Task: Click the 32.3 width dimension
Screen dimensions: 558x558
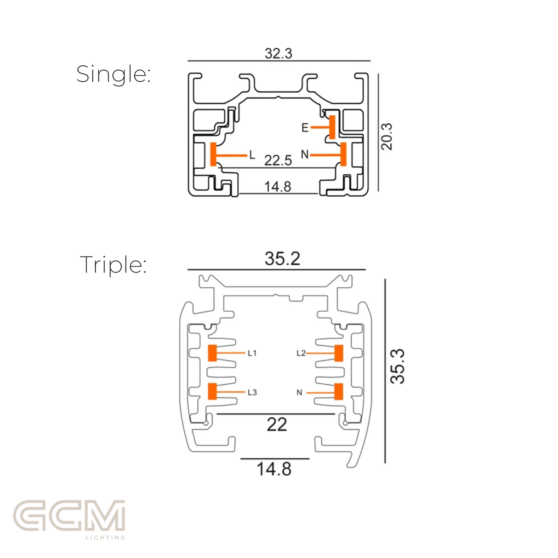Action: click(x=278, y=54)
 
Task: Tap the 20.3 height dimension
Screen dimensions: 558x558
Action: click(x=387, y=137)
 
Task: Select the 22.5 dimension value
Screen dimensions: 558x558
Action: click(x=278, y=160)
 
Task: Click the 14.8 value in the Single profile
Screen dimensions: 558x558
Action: click(x=278, y=187)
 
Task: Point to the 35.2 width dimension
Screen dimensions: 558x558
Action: click(x=282, y=258)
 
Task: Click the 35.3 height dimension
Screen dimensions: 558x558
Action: click(x=397, y=366)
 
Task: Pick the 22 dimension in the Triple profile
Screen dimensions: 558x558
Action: click(x=277, y=425)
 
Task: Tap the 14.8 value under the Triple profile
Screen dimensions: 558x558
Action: click(x=274, y=469)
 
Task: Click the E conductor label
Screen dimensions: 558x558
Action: click(x=305, y=127)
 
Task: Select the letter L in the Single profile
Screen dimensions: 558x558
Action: click(x=252, y=155)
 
